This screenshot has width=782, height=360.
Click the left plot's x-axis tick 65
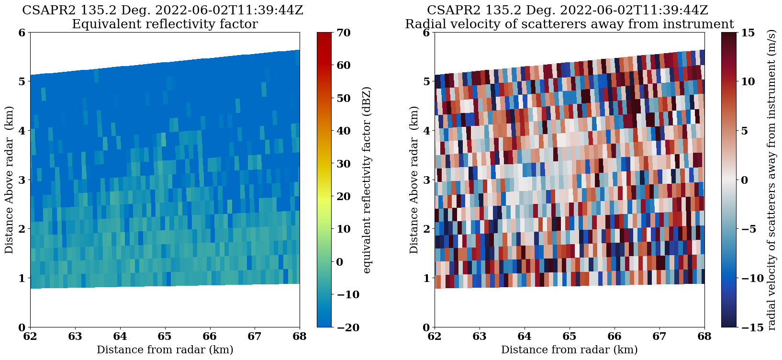165,337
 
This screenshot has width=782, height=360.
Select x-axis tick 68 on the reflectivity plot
300,337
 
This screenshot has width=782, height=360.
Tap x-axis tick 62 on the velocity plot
435,337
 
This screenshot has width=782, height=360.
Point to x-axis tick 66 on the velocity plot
614,337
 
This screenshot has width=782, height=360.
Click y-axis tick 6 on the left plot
22,33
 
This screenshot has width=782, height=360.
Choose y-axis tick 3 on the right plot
426,180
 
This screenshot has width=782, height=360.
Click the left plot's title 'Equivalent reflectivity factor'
165,24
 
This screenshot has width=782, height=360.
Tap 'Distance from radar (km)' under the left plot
165,350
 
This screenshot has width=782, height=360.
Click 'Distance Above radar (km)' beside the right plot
414,180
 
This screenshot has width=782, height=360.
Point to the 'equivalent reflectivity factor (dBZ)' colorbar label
367,180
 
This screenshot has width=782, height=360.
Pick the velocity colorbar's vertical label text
771,180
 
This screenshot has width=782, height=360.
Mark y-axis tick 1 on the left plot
22,278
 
